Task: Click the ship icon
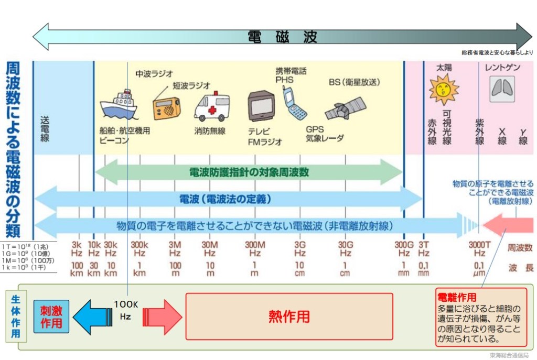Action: click(119, 106)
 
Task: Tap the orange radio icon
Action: click(166, 107)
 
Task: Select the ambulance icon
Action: click(211, 107)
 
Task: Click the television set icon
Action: click(261, 107)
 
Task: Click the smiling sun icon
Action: click(444, 89)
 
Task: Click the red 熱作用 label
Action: click(289, 317)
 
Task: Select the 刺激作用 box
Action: click(51, 317)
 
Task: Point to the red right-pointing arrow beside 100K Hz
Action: click(163, 317)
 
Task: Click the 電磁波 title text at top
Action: click(282, 37)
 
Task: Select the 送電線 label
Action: click(45, 128)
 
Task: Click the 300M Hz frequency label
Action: click(254, 248)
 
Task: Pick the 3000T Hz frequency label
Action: click(479, 248)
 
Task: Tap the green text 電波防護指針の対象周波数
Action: click(249, 171)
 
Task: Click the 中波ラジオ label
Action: click(154, 73)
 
